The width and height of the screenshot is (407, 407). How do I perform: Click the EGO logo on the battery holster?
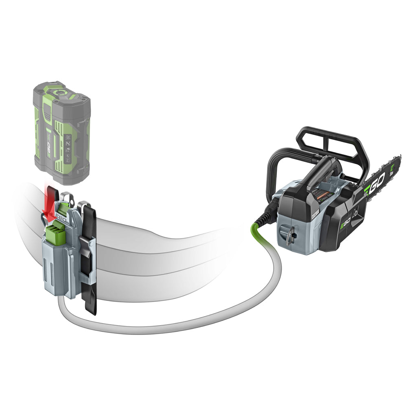pyautogui.click(x=61, y=218)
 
